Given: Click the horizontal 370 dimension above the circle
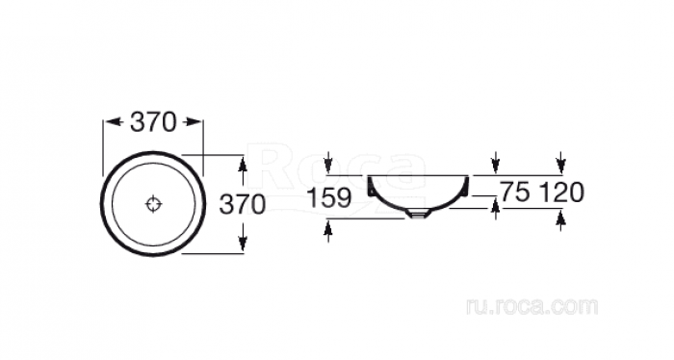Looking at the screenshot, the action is pyautogui.click(x=153, y=122).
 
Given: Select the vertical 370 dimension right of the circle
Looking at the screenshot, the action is pyautogui.click(x=243, y=204).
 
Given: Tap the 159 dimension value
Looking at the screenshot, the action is pyautogui.click(x=329, y=198).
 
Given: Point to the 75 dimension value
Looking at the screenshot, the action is pyautogui.click(x=514, y=192).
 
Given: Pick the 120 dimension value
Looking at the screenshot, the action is pyautogui.click(x=561, y=192).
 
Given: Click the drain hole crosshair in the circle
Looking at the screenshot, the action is pyautogui.click(x=153, y=204).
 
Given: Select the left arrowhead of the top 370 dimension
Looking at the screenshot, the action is pyautogui.click(x=114, y=122).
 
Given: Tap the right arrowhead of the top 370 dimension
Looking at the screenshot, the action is pyautogui.click(x=193, y=122).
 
